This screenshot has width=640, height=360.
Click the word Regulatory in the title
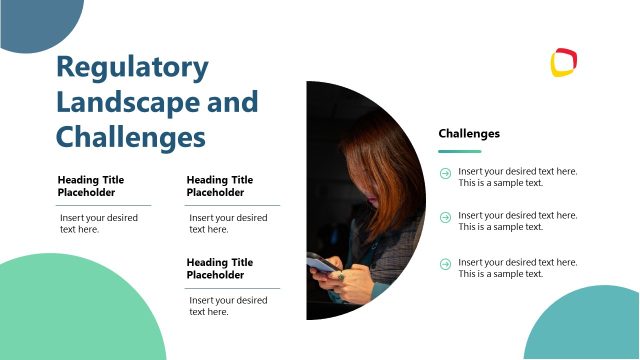click(132, 68)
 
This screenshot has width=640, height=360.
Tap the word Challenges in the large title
click(130, 136)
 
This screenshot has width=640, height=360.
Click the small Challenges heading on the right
click(469, 134)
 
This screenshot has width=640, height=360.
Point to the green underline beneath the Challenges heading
click(460, 152)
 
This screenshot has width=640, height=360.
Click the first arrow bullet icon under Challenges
click(445, 173)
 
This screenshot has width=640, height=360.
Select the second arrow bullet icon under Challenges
click(445, 217)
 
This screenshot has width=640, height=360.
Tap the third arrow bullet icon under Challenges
click(445, 263)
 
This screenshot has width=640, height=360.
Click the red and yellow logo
click(564, 62)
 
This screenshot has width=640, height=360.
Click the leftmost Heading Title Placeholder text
click(92, 186)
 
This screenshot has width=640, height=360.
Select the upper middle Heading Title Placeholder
click(220, 186)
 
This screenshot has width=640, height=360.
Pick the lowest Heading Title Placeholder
click(220, 268)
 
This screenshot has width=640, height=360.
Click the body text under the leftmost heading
click(98, 223)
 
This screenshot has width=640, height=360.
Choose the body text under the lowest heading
click(228, 305)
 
